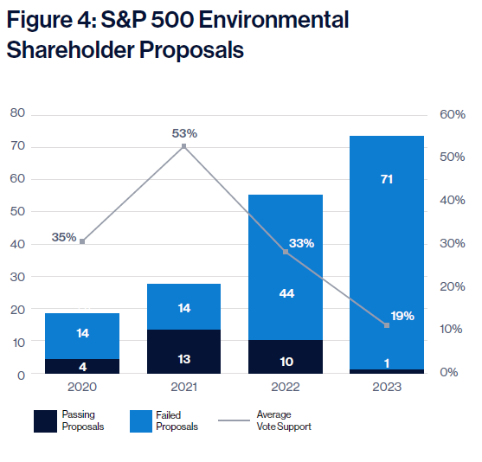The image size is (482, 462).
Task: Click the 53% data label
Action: tap(184, 133)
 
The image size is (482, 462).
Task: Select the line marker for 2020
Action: tap(82, 241)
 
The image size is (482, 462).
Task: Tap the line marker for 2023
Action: tap(387, 325)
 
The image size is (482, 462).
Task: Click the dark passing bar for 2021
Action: tap(183, 351)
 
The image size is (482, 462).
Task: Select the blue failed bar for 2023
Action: tap(387, 253)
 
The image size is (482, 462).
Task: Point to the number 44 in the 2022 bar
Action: tap(286, 293)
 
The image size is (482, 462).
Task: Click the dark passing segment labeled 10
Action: tap(286, 356)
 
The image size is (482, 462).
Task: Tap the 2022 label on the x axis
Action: tap(286, 387)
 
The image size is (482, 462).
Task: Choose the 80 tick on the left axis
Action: tap(17, 112)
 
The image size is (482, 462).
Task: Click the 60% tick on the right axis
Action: tap(453, 114)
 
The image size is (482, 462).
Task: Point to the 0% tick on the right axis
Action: tap(449, 372)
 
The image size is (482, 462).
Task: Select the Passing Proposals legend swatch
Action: tap(46, 421)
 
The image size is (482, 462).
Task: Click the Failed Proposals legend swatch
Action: tap(141, 421)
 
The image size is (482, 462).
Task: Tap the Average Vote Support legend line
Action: tap(234, 420)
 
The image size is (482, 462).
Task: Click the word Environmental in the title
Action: tap(274, 20)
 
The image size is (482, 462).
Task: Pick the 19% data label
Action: tap(402, 316)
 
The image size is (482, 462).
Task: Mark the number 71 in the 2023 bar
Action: tap(387, 179)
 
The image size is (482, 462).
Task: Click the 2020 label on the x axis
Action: tap(82, 387)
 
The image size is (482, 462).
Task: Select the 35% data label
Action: tap(64, 237)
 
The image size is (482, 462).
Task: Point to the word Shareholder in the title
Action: tap(70, 50)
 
